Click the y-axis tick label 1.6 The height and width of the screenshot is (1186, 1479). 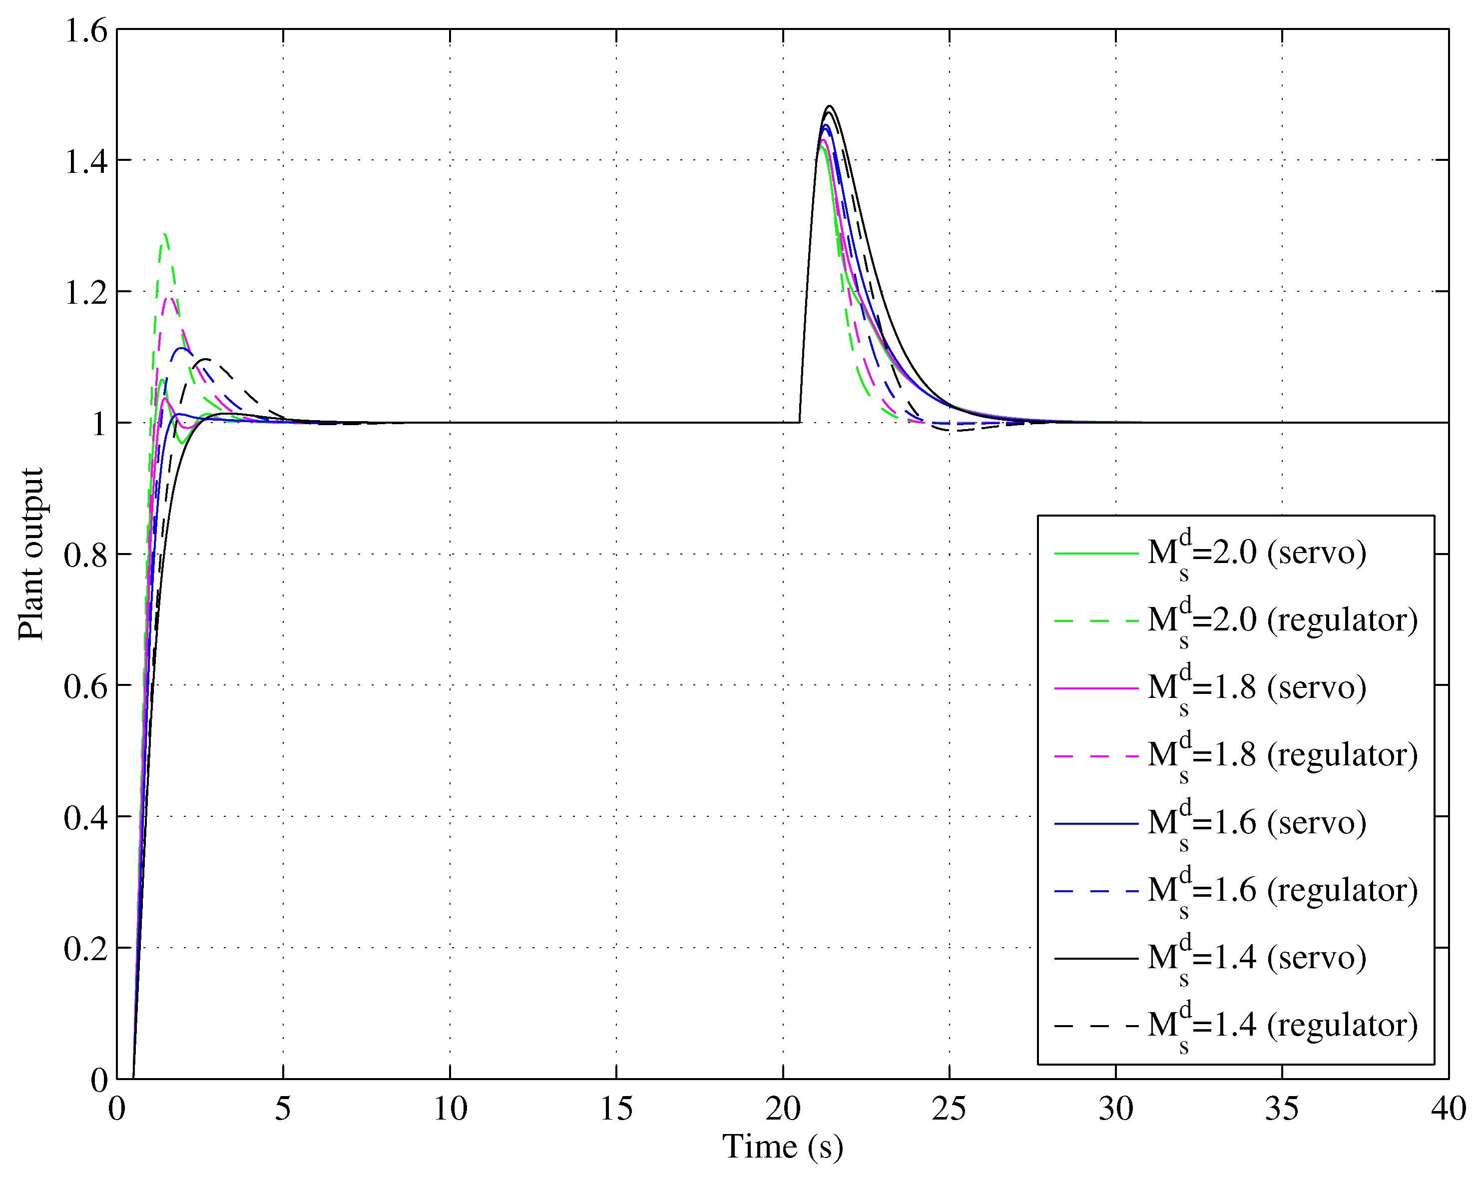pyautogui.click(x=86, y=31)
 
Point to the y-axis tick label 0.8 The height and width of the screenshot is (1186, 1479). pyautogui.click(x=86, y=555)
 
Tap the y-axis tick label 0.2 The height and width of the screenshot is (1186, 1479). pyautogui.click(x=86, y=949)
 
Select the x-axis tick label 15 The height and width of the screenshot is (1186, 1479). pyautogui.click(x=616, y=1109)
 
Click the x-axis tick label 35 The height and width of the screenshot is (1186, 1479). pyautogui.click(x=1281, y=1109)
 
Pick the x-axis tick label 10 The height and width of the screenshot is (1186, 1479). pyautogui.click(x=450, y=1109)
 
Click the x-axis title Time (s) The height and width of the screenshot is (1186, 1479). pyautogui.click(x=782, y=1147)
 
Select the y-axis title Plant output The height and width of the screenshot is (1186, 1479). pyautogui.click(x=31, y=554)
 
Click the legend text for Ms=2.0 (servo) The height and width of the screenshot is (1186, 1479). pyautogui.click(x=1257, y=553)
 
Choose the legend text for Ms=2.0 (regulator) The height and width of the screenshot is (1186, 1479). pyautogui.click(x=1282, y=620)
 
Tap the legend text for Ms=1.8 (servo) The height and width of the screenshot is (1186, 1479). pyautogui.click(x=1257, y=687)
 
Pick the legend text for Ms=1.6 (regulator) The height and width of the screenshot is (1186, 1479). pyautogui.click(x=1282, y=890)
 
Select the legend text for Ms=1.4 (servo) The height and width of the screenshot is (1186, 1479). pyautogui.click(x=1257, y=958)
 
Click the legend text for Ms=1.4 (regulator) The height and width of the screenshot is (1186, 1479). pyautogui.click(x=1282, y=1025)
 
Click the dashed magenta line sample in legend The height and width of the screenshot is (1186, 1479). pyautogui.click(x=1095, y=756)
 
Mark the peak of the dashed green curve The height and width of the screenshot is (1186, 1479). pyautogui.click(x=165, y=235)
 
